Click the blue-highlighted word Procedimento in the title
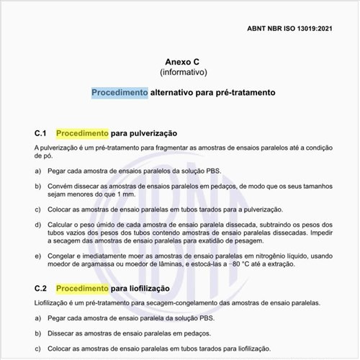tap(120, 93)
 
